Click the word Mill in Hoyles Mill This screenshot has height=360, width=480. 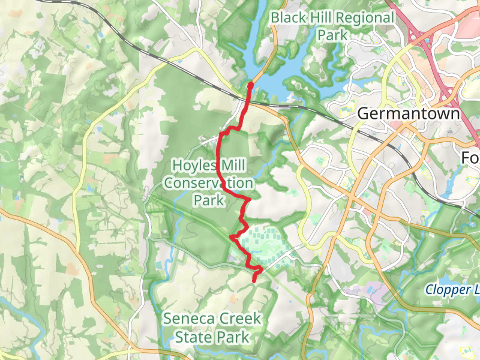234,165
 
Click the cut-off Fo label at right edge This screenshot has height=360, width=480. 470,157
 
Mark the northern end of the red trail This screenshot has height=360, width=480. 250,85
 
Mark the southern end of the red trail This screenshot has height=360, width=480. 255,280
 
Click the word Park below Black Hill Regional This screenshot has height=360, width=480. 333,35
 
